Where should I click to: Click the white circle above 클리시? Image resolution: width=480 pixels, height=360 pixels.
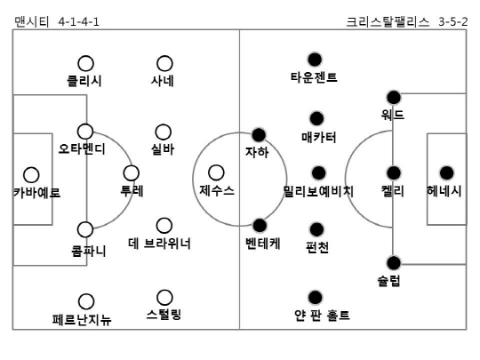(85, 63)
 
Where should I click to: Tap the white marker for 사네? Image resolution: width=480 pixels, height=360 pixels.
(164, 63)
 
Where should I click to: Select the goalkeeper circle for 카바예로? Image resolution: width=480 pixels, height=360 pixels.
(31, 175)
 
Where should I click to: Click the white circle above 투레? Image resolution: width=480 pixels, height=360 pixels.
(132, 173)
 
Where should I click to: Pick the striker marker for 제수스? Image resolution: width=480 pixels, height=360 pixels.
(216, 172)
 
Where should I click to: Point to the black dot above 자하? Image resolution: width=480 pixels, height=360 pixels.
(259, 135)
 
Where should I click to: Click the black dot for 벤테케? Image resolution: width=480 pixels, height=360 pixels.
(260, 225)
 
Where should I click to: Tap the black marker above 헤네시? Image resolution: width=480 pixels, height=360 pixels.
(446, 173)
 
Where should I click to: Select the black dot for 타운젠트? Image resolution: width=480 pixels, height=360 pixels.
(315, 60)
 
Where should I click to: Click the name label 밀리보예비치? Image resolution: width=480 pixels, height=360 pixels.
(318, 191)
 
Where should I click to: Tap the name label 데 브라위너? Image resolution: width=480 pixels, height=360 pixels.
(159, 244)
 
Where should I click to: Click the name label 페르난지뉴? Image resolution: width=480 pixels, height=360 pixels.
(82, 320)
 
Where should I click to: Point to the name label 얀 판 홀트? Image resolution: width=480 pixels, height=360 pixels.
(322, 315)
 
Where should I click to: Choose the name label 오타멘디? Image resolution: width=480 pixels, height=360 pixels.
(82, 149)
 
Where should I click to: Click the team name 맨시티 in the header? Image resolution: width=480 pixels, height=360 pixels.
(31, 21)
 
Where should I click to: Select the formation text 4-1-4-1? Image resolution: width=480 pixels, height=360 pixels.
(79, 21)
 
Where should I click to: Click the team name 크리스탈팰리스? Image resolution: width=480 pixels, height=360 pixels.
(388, 21)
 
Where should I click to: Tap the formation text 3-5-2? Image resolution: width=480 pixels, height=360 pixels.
(453, 21)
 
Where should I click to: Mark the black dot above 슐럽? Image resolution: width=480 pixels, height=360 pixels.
(394, 262)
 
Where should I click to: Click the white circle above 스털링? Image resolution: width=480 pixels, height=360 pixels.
(164, 298)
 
